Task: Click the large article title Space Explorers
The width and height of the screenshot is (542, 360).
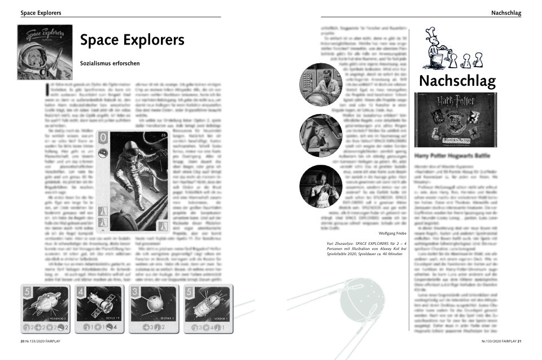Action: point(132,41)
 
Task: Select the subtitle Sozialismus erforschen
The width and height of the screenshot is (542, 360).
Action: point(110,63)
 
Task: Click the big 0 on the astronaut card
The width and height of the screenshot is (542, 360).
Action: point(104,139)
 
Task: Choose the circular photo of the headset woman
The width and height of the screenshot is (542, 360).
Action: point(320,135)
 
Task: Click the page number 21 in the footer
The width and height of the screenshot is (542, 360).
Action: point(519,341)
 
